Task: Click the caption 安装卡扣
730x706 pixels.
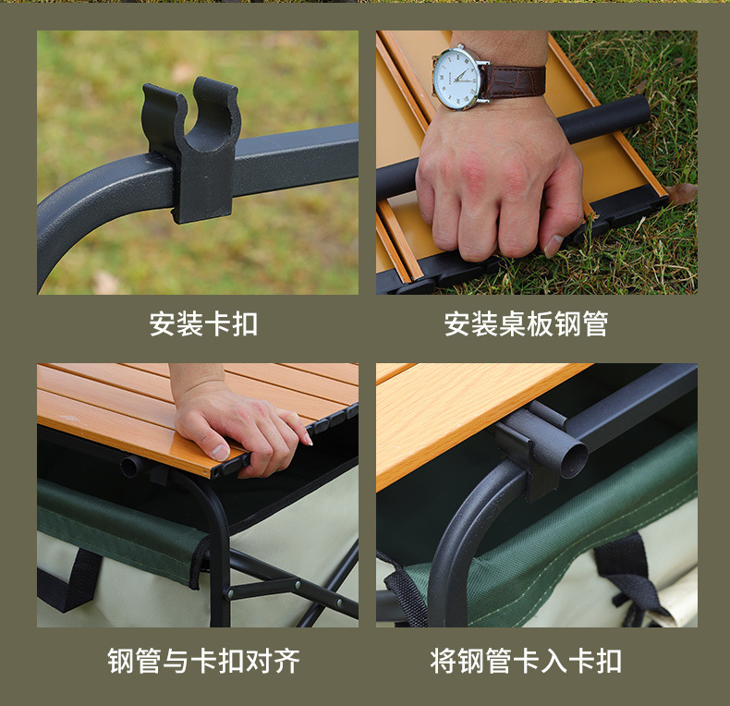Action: (x=203, y=324)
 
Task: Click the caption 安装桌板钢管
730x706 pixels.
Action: (x=526, y=324)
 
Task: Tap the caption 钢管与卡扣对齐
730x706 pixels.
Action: (x=203, y=661)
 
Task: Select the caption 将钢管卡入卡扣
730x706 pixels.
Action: (x=526, y=661)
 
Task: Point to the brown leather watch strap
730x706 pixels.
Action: (x=515, y=80)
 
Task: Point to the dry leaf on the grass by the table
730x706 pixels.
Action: (x=682, y=193)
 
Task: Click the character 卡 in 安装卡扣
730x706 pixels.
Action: (x=217, y=324)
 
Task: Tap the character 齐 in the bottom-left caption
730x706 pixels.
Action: (x=286, y=661)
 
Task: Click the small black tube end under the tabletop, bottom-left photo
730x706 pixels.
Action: (x=130, y=467)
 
